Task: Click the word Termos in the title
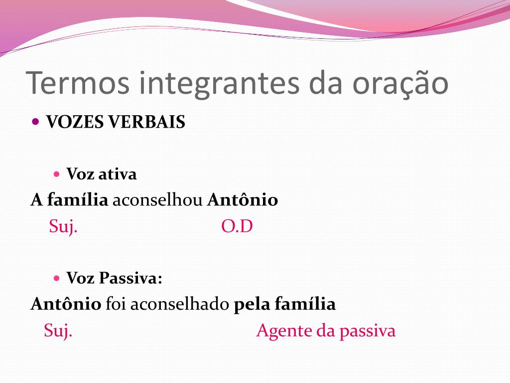[x=78, y=83]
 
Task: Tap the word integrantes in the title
[x=220, y=84]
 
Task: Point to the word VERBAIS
[x=147, y=122]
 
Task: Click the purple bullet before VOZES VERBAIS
[x=36, y=122]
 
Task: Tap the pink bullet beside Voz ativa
[x=57, y=174]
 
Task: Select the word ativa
[x=118, y=174]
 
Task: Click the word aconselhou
[x=157, y=199]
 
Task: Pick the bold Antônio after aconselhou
[x=243, y=199]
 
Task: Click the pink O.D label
[x=237, y=226]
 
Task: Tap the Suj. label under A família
[x=63, y=226]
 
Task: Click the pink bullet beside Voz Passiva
[x=57, y=278]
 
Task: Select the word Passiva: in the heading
[x=130, y=278]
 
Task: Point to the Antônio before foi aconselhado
[x=66, y=303]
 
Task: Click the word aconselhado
[x=180, y=304]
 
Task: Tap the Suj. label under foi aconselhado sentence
[x=58, y=331]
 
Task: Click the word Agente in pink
[x=284, y=331]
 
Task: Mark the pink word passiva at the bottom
[x=368, y=331]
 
